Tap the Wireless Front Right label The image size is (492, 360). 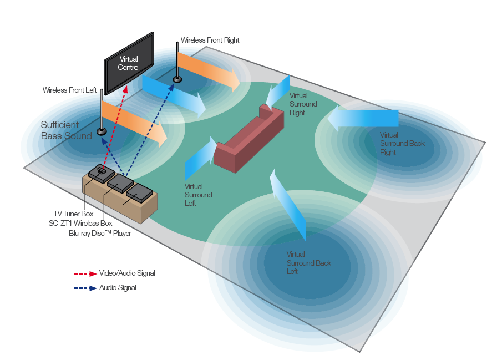(x=210, y=40)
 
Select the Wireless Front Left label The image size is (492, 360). (x=70, y=90)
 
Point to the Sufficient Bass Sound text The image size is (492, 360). (x=66, y=130)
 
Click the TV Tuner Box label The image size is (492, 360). (x=73, y=214)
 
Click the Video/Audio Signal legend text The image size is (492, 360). (x=127, y=273)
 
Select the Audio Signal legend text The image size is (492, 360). (x=118, y=288)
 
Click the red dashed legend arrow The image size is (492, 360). (x=85, y=273)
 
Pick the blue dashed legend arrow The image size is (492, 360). (x=85, y=288)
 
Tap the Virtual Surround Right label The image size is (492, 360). (x=303, y=104)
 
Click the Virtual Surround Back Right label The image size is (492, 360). (x=402, y=144)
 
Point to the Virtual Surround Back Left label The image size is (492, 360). (x=308, y=263)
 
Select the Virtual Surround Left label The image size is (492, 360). (x=198, y=195)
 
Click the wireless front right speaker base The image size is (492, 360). (x=177, y=79)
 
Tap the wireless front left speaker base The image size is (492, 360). (x=102, y=132)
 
